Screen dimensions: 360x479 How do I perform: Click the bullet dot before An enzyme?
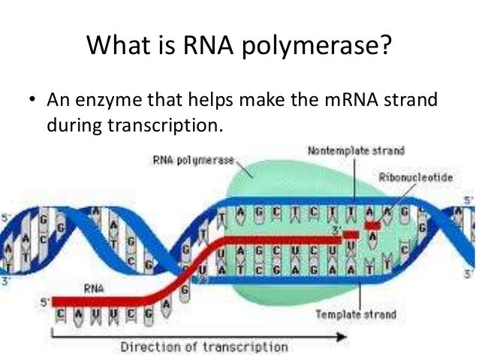(31, 100)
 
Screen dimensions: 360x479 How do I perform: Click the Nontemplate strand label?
(356, 151)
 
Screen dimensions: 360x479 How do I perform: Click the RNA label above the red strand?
(94, 286)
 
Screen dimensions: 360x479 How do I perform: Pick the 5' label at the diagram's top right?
(468, 200)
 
